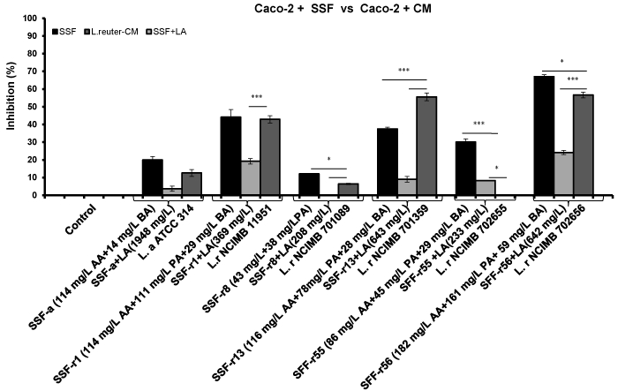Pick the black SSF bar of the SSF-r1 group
click(x=230, y=156)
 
